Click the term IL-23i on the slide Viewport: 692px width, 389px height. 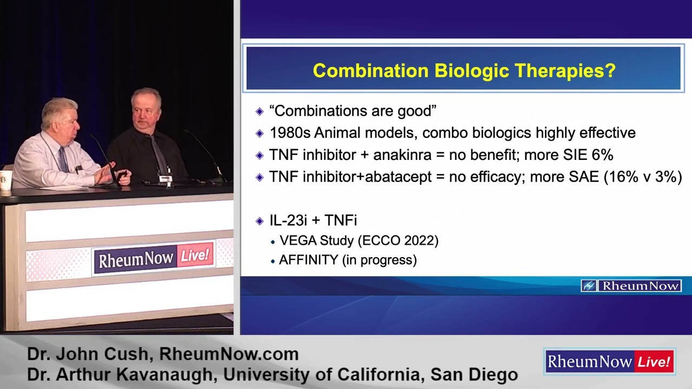pyautogui.click(x=289, y=220)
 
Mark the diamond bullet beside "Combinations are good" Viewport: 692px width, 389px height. pyautogui.click(x=259, y=111)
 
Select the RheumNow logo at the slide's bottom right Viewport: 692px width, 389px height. pyautogui.click(x=631, y=286)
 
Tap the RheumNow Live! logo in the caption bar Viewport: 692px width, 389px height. pyautogui.click(x=609, y=361)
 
